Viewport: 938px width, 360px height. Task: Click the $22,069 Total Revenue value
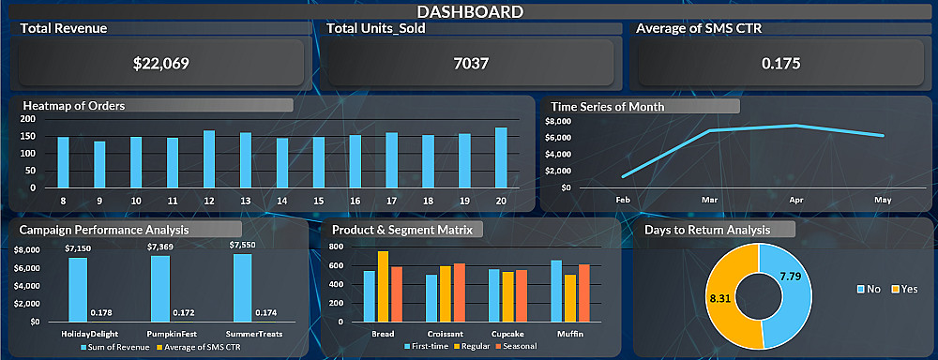[x=161, y=64]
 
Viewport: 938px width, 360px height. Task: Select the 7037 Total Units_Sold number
[x=471, y=64]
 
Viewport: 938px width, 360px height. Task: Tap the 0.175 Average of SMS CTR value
[x=780, y=64]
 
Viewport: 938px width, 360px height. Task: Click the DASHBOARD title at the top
[x=470, y=11]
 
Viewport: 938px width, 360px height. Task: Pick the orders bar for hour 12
[x=209, y=159]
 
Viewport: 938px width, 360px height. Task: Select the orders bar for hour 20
[x=501, y=157]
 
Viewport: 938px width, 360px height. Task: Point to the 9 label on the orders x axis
[x=99, y=201]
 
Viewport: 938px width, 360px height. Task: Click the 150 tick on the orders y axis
[x=28, y=136]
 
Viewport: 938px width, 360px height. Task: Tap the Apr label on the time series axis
[x=795, y=201]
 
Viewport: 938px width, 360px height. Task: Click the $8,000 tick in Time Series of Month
[x=559, y=121]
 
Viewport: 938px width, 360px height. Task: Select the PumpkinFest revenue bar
[x=160, y=289]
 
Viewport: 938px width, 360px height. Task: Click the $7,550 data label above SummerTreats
[x=242, y=245]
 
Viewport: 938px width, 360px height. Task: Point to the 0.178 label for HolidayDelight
[x=101, y=313]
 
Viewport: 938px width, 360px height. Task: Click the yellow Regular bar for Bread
[x=383, y=287]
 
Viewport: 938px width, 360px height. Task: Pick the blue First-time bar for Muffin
[x=556, y=292]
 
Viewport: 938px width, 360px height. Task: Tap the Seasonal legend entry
[x=516, y=346]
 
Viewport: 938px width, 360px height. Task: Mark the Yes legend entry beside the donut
[x=904, y=289]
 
